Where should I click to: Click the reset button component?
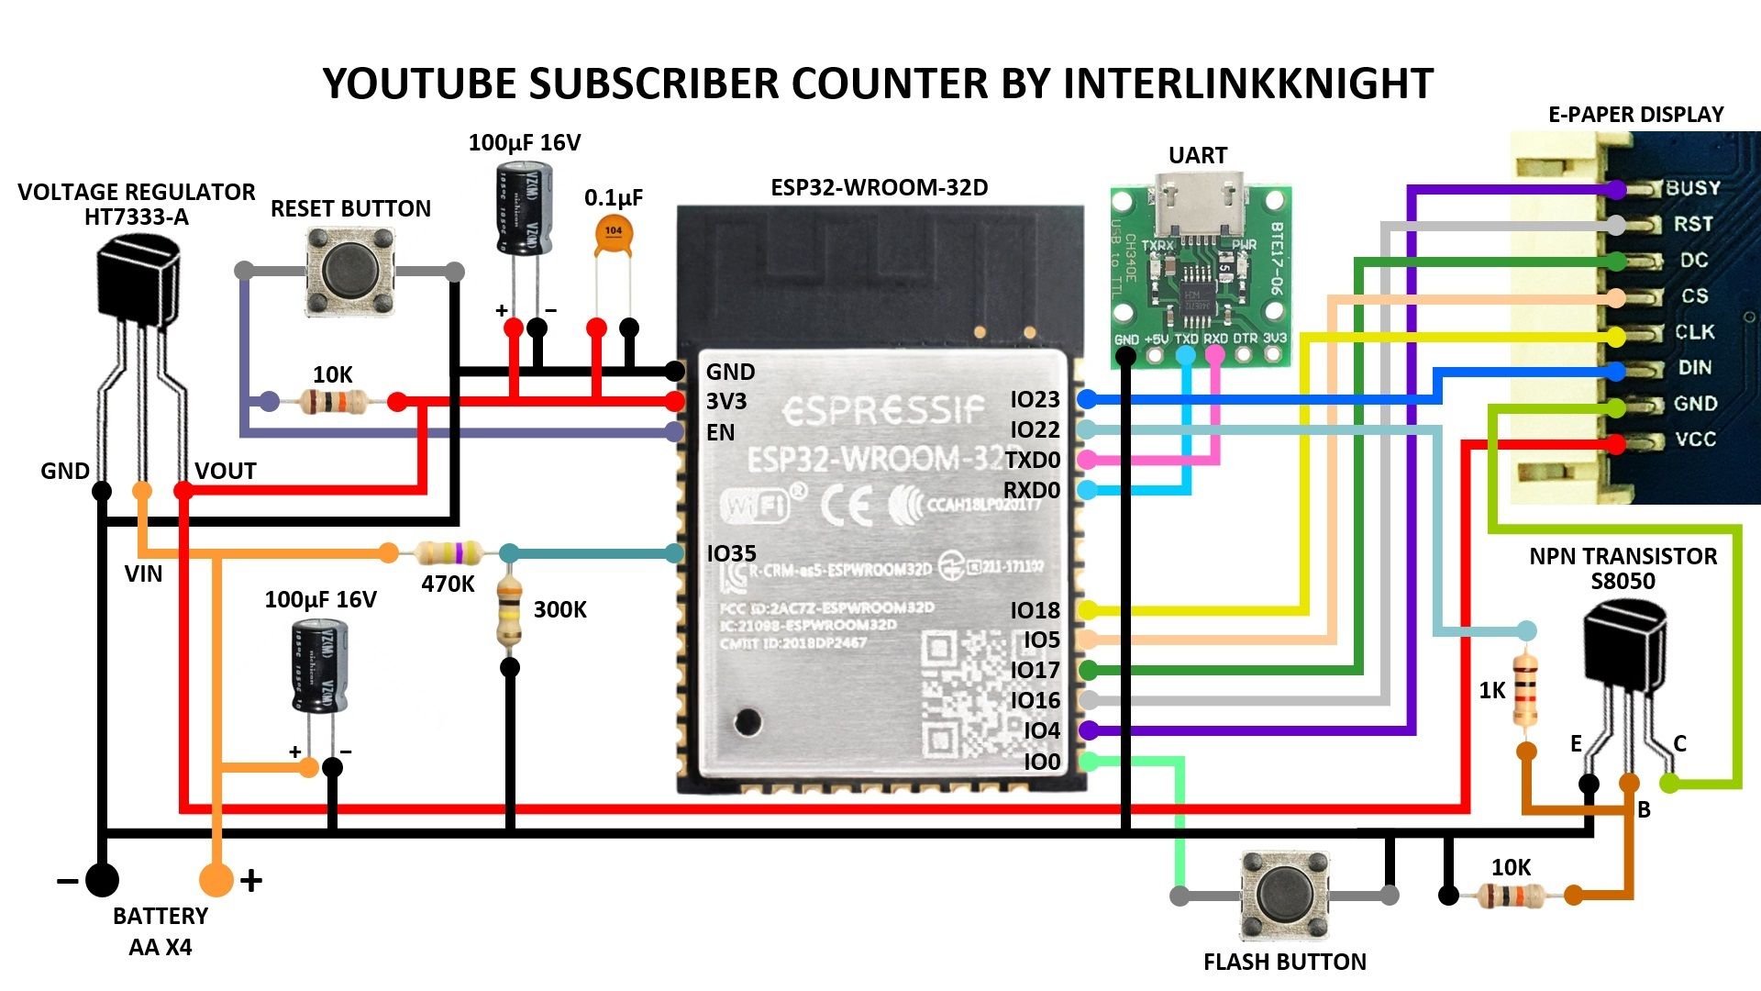coord(349,272)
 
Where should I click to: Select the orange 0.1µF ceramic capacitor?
coord(614,235)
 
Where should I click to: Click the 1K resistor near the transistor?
coord(1526,690)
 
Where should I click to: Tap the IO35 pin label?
coord(731,553)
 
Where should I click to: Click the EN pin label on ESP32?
coord(720,432)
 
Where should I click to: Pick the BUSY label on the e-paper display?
coord(1692,188)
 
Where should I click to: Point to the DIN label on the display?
coord(1694,368)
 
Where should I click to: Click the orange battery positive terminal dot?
coord(216,879)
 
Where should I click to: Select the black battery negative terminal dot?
coord(102,879)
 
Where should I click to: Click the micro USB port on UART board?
coord(1199,204)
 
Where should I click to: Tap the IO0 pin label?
coord(1042,762)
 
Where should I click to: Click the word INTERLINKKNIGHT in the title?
coord(1247,84)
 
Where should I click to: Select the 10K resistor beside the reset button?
coord(333,401)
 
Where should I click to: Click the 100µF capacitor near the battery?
coord(320,667)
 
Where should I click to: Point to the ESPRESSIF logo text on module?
coord(883,411)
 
